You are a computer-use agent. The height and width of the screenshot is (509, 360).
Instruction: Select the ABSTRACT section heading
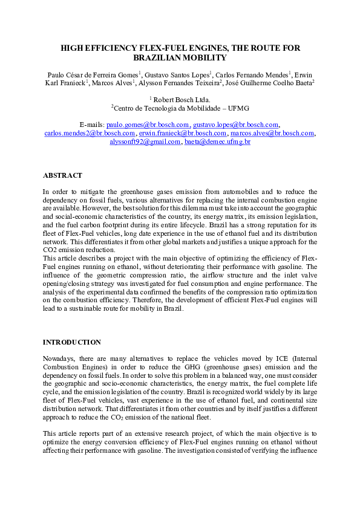click(62, 175)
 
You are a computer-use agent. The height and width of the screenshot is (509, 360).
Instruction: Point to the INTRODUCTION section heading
click(71, 342)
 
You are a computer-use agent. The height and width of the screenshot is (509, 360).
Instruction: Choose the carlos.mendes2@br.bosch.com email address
click(90, 133)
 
